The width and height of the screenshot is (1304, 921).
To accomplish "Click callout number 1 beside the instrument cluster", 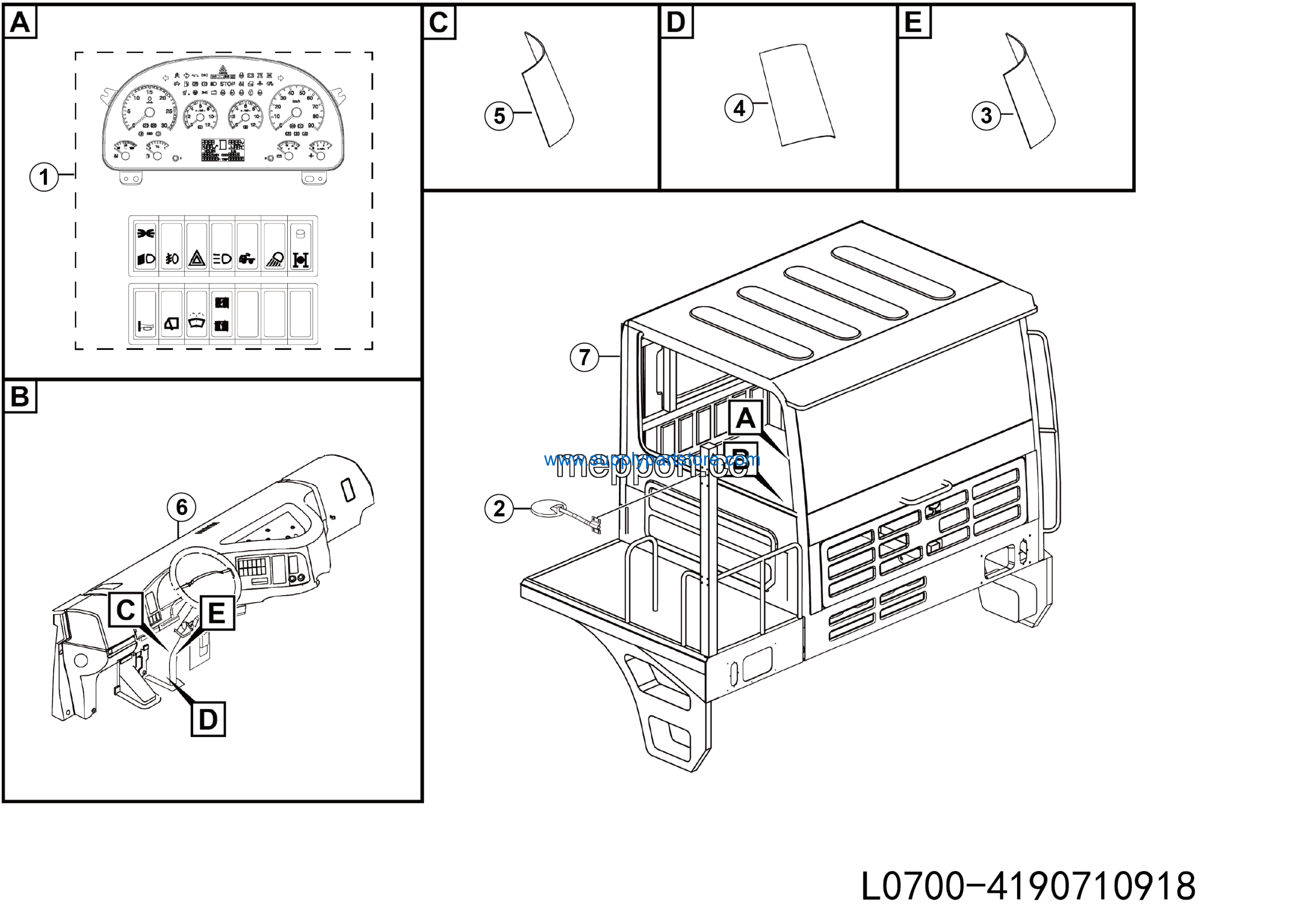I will pyautogui.click(x=44, y=177).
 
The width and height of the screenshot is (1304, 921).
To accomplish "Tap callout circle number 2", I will pyautogui.click(x=499, y=508).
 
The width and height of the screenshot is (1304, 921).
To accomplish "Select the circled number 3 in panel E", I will pyautogui.click(x=986, y=115).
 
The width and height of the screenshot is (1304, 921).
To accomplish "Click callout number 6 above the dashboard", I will pyautogui.click(x=181, y=506).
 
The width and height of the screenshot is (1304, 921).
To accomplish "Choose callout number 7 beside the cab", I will pyautogui.click(x=584, y=357).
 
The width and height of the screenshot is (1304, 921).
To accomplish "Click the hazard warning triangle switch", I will pyautogui.click(x=197, y=259).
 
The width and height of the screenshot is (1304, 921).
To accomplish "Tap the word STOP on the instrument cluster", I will pyautogui.click(x=227, y=84).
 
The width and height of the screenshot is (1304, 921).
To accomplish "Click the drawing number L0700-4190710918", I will pyautogui.click(x=1028, y=886).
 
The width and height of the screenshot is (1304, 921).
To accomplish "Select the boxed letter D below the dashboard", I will pyautogui.click(x=208, y=719).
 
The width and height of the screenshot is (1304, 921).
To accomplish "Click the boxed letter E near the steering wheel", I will pyautogui.click(x=216, y=613).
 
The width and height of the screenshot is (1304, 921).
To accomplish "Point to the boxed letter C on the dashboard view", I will pyautogui.click(x=125, y=610).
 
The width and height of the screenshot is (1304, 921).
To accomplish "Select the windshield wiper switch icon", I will pyautogui.click(x=197, y=321).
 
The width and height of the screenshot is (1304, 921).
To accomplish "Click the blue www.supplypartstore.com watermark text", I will pyautogui.click(x=651, y=459).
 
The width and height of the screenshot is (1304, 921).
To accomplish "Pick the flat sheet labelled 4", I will pyautogui.click(x=797, y=94).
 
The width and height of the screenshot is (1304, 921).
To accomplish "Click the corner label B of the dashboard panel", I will pyautogui.click(x=20, y=396).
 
